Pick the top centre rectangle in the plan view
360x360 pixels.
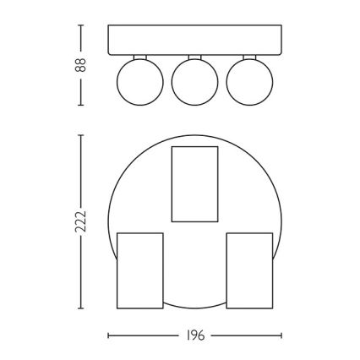[194, 183]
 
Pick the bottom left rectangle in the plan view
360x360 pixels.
[139, 270]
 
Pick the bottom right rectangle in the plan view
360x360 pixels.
[249, 270]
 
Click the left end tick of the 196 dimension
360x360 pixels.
[108, 335]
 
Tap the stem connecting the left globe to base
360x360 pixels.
[137, 57]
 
